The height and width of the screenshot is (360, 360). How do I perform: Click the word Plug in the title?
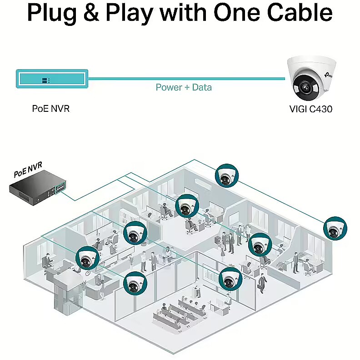pyautogui.click(x=52, y=13)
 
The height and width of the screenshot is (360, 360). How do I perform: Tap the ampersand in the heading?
pyautogui.click(x=91, y=13)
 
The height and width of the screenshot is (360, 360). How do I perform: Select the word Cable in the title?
pyautogui.click(x=300, y=12)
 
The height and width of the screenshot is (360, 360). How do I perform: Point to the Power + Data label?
pyautogui.click(x=184, y=87)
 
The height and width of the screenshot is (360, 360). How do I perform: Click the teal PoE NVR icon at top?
pyautogui.click(x=52, y=79)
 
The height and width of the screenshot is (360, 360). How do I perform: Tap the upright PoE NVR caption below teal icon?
pyautogui.click(x=51, y=109)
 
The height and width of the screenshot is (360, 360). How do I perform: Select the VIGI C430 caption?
pyautogui.click(x=311, y=109)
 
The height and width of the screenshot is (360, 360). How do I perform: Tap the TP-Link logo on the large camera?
pyautogui.click(x=329, y=75)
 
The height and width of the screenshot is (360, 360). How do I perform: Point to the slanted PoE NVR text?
pyautogui.click(x=28, y=170)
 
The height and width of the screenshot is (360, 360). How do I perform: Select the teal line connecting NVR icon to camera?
pyautogui.click(x=187, y=79)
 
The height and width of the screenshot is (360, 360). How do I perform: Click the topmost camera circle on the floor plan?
pyautogui.click(x=227, y=175)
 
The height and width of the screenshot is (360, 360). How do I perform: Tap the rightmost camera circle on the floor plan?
pyautogui.click(x=335, y=229)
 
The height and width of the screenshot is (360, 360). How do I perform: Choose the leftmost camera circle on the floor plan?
pyautogui.click(x=87, y=258)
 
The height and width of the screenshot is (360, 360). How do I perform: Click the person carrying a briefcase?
pyautogui.click(x=261, y=283)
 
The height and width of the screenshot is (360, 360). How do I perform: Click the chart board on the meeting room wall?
pyautogui.click(x=210, y=274)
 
